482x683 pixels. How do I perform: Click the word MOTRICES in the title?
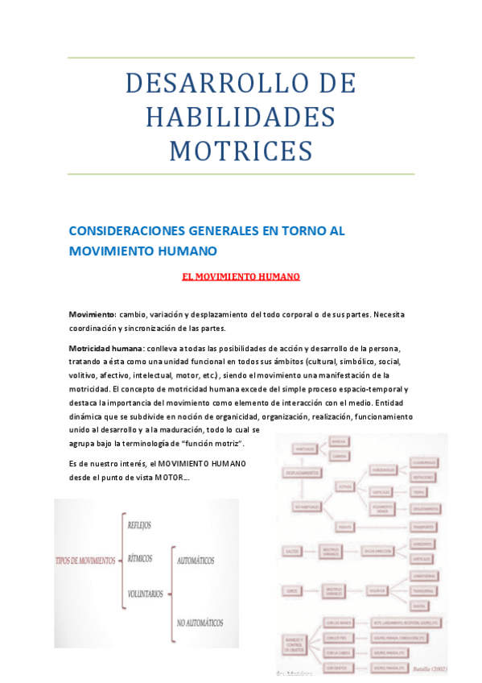point(241,151)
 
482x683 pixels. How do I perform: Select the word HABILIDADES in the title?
point(241,117)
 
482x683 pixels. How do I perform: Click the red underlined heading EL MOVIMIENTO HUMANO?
point(241,276)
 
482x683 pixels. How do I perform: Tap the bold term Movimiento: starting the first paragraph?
point(93,314)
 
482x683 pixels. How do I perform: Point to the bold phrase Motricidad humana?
point(105,348)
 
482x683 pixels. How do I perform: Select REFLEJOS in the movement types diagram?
point(146,524)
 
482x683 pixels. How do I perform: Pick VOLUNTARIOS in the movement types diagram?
point(145,594)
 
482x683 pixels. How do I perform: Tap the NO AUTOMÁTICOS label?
point(200,623)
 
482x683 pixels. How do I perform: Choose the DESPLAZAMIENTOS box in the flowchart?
point(303,473)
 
